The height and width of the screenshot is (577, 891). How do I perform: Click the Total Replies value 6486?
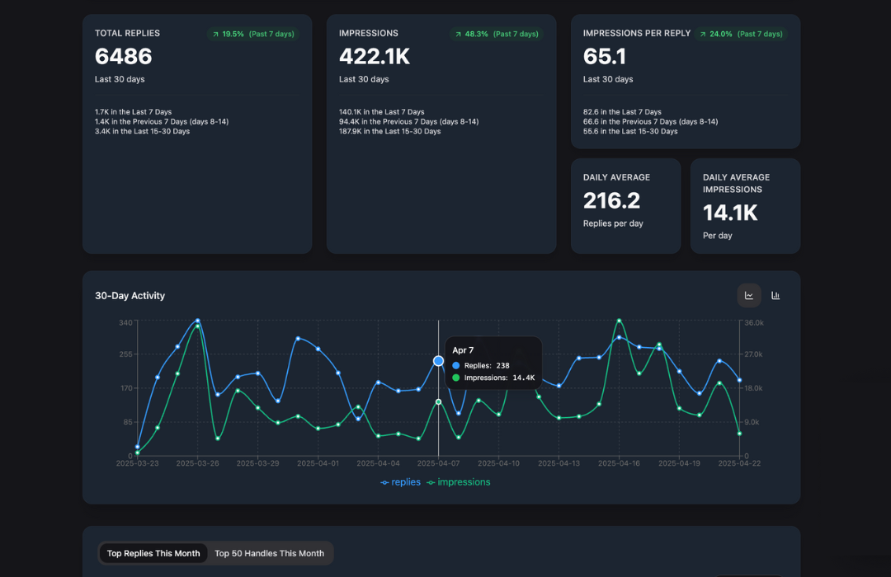(124, 56)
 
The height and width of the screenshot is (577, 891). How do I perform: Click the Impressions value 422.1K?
(375, 56)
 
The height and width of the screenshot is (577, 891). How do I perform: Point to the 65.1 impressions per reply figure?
(605, 56)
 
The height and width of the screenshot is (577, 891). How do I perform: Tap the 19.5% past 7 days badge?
(252, 34)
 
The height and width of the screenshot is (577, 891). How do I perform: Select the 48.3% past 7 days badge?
(496, 34)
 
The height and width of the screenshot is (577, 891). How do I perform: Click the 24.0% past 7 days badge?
(740, 34)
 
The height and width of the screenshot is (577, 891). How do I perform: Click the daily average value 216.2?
(611, 200)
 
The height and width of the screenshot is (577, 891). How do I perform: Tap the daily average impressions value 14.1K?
(730, 213)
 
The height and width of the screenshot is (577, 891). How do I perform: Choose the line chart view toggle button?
(749, 295)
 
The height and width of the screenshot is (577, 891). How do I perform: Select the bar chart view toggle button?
(775, 295)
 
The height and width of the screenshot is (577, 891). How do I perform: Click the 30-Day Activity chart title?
(130, 296)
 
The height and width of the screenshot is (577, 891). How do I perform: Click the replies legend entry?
(401, 482)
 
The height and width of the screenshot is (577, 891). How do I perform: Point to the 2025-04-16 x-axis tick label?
(619, 463)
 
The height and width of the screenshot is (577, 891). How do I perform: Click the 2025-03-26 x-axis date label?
(198, 463)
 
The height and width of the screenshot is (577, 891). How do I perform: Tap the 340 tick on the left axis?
(125, 322)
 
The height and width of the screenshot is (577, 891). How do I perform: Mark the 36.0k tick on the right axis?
(753, 322)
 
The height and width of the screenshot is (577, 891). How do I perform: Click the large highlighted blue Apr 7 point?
(439, 361)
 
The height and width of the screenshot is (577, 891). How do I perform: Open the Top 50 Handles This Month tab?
(269, 553)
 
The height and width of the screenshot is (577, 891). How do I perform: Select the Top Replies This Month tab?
(153, 553)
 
